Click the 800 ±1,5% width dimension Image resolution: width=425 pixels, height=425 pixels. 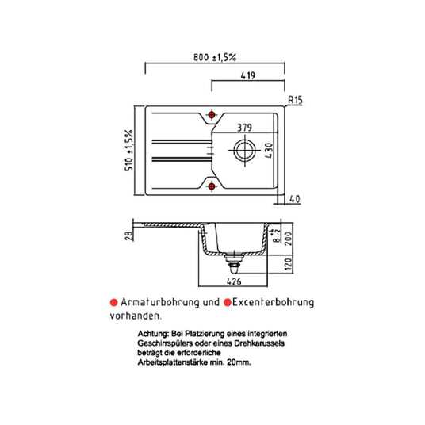point(215,57)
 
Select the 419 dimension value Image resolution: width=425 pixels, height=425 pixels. point(248,75)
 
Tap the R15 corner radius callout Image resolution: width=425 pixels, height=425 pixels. point(295,100)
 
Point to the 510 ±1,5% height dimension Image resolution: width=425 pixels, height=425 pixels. point(129,151)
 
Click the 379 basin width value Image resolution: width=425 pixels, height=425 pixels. point(244,128)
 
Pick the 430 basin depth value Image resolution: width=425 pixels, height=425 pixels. point(268,151)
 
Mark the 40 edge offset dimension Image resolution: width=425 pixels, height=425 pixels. point(295,199)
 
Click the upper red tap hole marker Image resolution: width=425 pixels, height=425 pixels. point(212,115)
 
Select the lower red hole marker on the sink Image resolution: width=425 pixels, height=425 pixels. point(212,186)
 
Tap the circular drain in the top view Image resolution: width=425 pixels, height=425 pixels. point(245,150)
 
